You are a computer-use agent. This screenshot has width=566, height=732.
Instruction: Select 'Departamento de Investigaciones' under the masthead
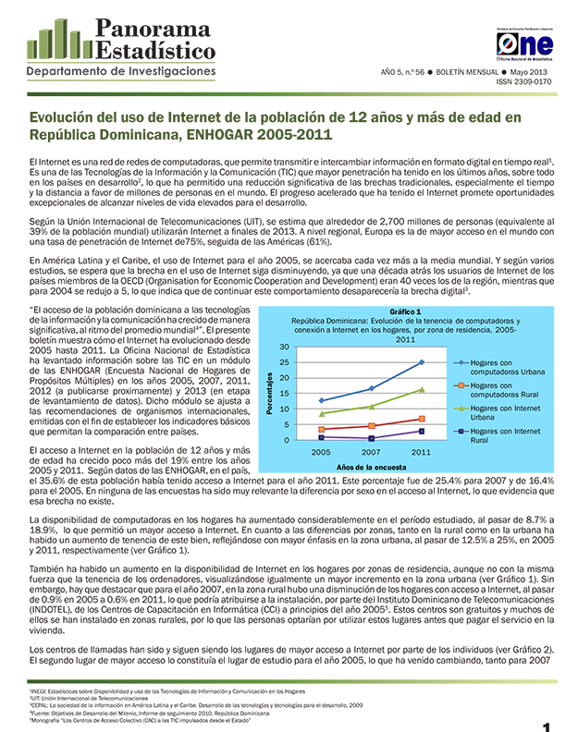point(120,72)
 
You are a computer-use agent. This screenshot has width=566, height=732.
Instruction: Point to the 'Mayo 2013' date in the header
point(532,71)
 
